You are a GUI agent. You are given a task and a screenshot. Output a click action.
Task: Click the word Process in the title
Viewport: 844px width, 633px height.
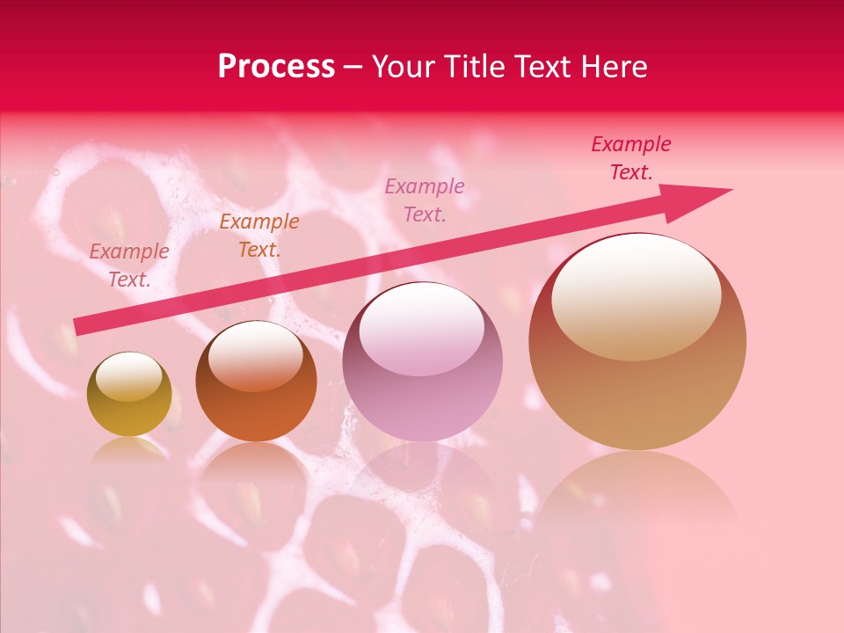pyautogui.click(x=276, y=67)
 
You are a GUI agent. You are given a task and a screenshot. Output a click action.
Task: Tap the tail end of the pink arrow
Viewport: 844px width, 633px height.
pyautogui.click(x=77, y=327)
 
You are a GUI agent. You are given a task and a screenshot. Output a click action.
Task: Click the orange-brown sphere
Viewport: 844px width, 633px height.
pyautogui.click(x=256, y=391)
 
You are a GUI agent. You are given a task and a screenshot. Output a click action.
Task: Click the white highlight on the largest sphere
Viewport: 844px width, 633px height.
pyautogui.click(x=637, y=295)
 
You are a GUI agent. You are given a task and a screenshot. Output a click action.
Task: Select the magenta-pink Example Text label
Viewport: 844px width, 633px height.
pyautogui.click(x=425, y=200)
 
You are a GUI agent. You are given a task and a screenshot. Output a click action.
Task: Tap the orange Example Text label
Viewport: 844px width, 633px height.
pyautogui.click(x=259, y=236)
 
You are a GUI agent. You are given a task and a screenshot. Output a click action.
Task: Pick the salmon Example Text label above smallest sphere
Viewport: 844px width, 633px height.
pyautogui.click(x=129, y=265)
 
